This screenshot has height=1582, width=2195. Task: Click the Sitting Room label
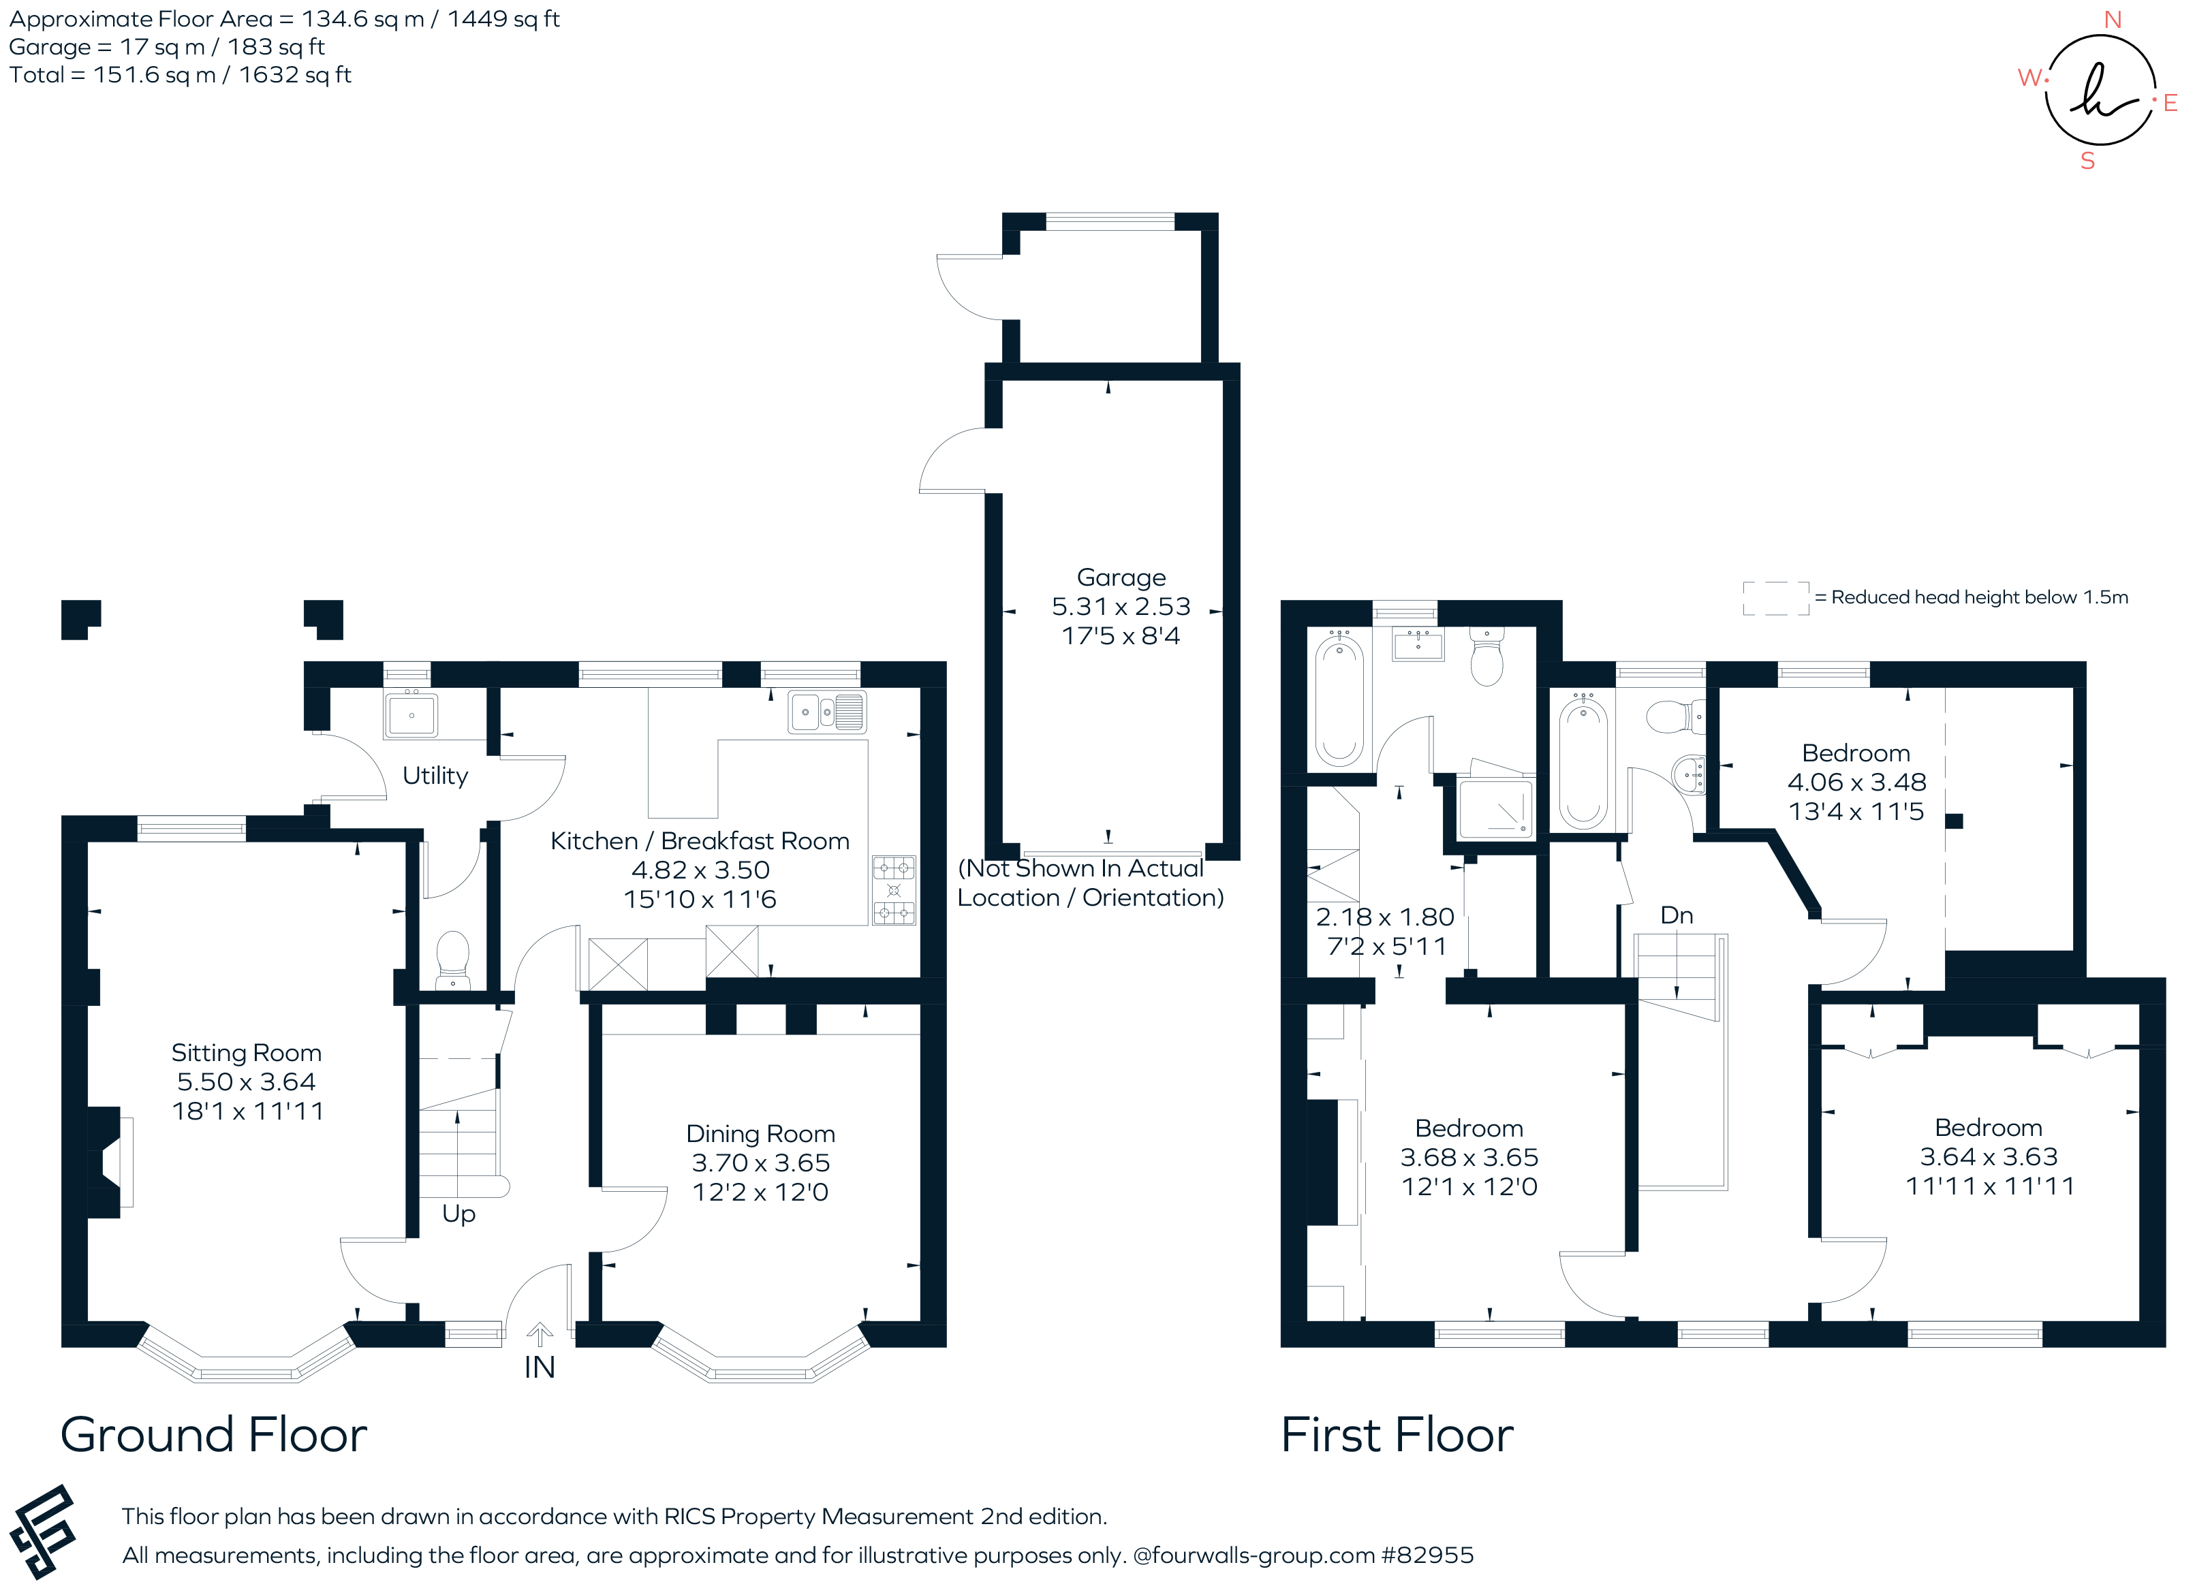[x=246, y=1053]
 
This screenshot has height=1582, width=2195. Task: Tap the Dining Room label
[x=761, y=1133]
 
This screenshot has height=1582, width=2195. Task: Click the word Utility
[x=435, y=776]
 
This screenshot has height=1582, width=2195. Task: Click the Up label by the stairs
[x=458, y=1214]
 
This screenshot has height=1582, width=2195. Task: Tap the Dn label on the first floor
[x=1677, y=915]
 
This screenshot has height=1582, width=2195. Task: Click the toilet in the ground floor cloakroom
[x=453, y=960]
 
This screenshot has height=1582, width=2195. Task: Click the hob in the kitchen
[x=893, y=890]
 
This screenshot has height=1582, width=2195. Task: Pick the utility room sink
[x=411, y=715]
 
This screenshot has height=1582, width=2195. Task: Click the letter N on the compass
[x=2113, y=19]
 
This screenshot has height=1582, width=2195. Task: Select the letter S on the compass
[x=2087, y=161]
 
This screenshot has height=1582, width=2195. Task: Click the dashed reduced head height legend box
[x=1776, y=598]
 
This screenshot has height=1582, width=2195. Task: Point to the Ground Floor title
[x=214, y=1435]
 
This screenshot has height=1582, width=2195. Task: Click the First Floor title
[x=1397, y=1435]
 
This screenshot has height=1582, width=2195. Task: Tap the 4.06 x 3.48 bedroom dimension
[x=1856, y=782]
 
